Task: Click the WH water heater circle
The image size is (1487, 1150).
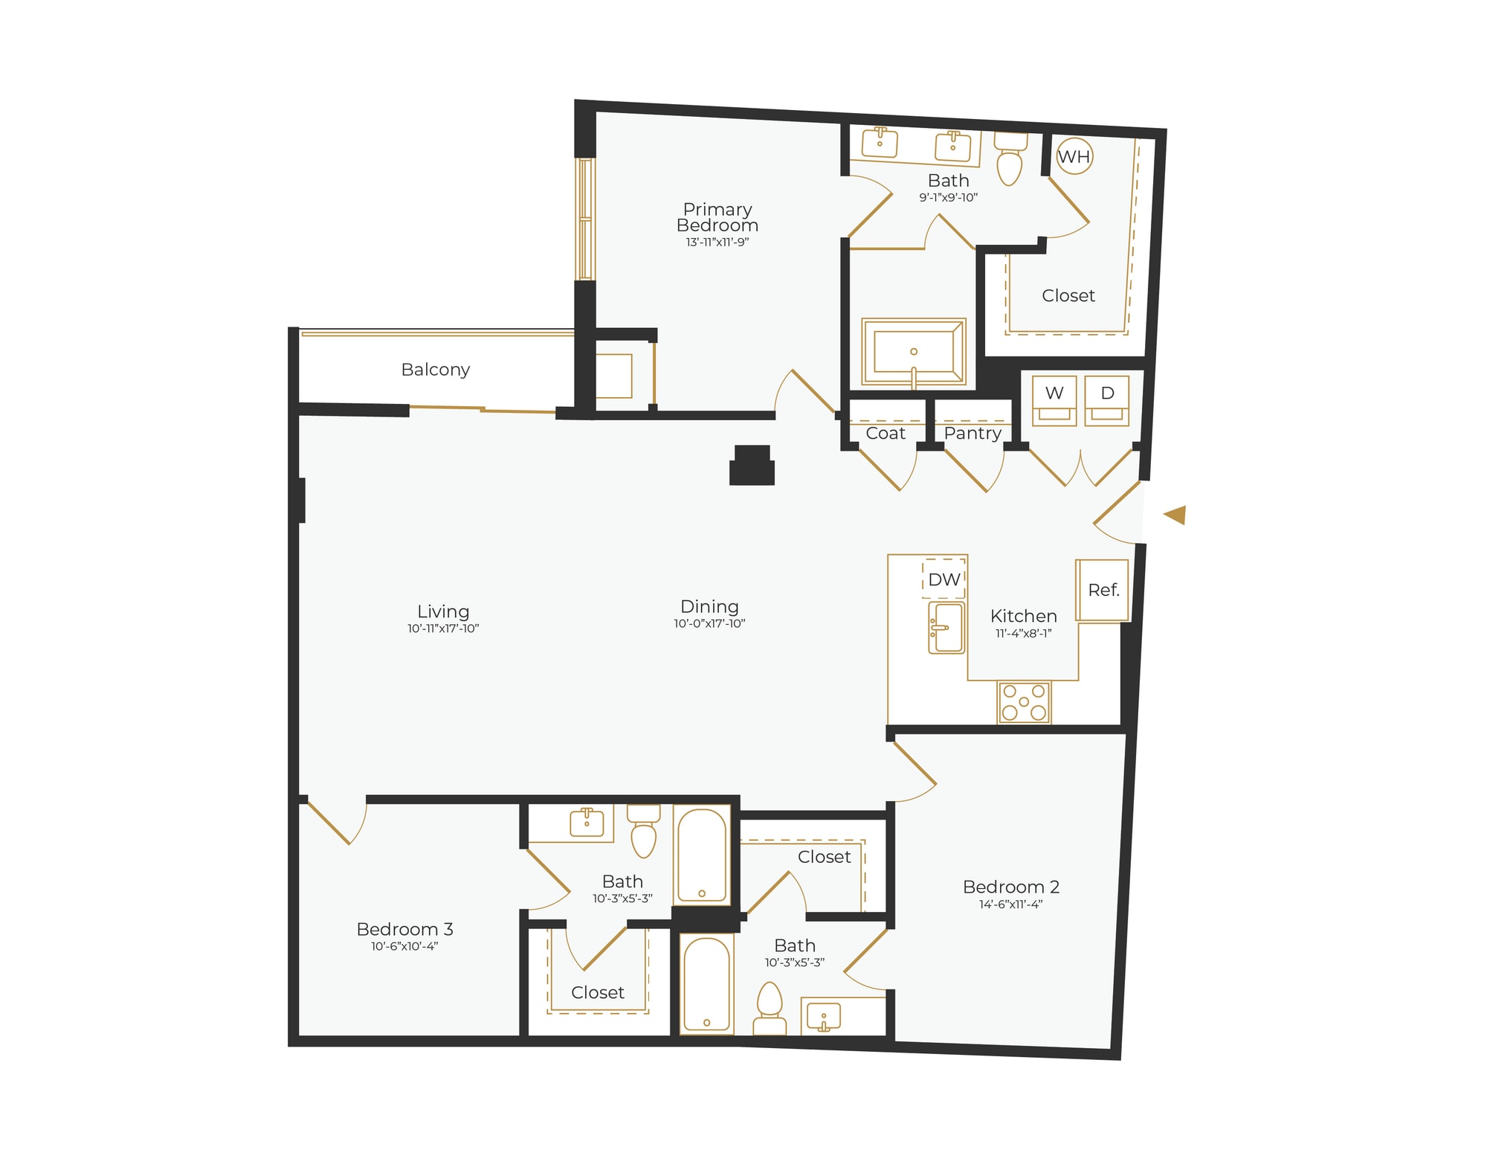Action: point(1074,157)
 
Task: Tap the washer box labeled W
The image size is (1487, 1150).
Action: point(1054,401)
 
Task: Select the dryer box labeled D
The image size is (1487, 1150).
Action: point(1107,401)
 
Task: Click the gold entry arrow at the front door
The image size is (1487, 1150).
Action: point(1175,515)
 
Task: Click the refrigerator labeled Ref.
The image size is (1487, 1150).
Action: point(1103,591)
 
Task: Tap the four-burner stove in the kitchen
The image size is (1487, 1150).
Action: point(1025,702)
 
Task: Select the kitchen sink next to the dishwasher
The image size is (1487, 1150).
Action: point(946,628)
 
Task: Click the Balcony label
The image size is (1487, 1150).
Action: point(435,370)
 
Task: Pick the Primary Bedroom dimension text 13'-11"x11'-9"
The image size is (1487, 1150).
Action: point(717,242)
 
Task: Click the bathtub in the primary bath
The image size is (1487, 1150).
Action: point(914,353)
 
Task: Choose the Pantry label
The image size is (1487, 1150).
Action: point(972,434)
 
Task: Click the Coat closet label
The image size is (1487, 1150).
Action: point(885,434)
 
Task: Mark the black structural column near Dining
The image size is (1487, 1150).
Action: point(752,466)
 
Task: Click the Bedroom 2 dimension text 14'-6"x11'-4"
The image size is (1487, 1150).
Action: point(1010,905)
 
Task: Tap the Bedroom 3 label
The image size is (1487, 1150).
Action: point(404,929)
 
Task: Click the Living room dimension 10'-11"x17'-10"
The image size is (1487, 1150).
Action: point(443,629)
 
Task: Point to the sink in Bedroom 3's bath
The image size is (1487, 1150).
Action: point(587,823)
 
